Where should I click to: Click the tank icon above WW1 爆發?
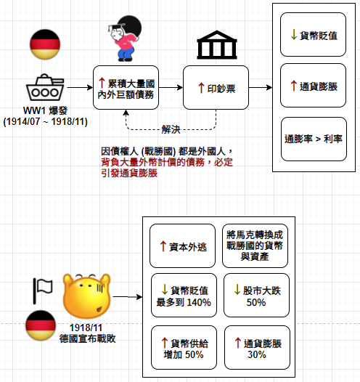[45, 87]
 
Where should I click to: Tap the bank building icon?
[216, 45]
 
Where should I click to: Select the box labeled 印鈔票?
[216, 87]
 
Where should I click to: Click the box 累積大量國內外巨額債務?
[126, 87]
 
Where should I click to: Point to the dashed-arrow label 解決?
[171, 129]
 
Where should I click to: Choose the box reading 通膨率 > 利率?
[314, 139]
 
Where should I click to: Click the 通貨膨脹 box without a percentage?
[313, 86]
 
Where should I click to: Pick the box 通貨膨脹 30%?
[257, 348]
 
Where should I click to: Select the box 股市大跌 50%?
[256, 296]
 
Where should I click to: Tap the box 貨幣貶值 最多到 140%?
[184, 296]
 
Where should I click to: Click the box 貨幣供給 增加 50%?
[184, 348]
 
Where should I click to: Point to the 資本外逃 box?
[182, 245]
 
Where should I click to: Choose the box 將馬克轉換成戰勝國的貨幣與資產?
[255, 245]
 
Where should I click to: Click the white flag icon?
[43, 291]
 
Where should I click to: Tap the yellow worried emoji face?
[86, 296]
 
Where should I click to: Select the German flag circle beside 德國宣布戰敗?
[41, 325]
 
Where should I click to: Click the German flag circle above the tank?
[45, 44]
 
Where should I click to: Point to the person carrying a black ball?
[125, 38]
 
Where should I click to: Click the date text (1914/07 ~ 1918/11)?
[45, 121]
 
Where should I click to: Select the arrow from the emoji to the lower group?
[128, 297]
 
